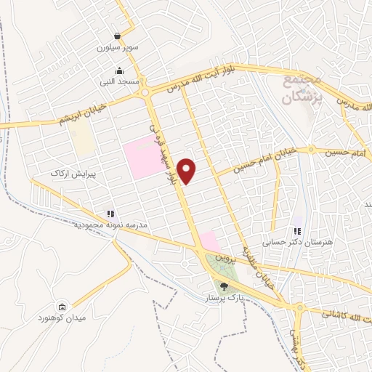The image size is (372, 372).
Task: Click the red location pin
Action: tap(187, 170)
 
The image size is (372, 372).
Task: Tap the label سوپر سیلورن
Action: tap(118, 48)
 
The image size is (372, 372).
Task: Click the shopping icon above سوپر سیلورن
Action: tap(117, 36)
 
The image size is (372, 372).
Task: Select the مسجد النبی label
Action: tap(119, 82)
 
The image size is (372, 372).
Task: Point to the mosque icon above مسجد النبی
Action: tap(119, 71)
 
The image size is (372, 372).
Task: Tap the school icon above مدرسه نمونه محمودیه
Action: tap(110, 214)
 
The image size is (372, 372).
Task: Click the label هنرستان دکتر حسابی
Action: tap(296, 240)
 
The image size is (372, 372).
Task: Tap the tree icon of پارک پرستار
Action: tap(223, 286)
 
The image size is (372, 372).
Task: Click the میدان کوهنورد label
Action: tap(64, 318)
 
